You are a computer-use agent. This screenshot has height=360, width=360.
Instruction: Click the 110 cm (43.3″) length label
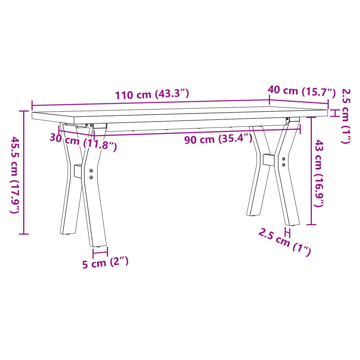click(152, 95)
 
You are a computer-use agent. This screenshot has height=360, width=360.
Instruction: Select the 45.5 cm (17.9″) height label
click(15, 175)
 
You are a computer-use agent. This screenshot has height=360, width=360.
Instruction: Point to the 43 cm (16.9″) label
click(319, 173)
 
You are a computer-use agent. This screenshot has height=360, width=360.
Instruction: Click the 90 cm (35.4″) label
click(218, 139)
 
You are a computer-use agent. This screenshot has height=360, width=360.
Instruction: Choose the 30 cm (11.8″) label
click(83, 142)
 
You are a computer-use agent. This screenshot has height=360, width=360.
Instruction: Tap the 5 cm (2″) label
click(105, 263)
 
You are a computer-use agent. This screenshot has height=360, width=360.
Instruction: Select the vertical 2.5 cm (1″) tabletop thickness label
click(346, 116)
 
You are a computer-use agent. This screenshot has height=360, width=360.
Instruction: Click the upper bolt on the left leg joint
click(91, 171)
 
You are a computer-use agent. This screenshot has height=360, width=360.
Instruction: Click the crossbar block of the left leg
click(78, 171)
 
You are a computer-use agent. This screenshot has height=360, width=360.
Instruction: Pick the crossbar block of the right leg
click(269, 160)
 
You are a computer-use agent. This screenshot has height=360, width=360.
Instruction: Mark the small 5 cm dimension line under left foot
click(100, 252)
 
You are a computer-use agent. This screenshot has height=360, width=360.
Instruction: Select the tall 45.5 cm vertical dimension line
click(24, 172)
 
